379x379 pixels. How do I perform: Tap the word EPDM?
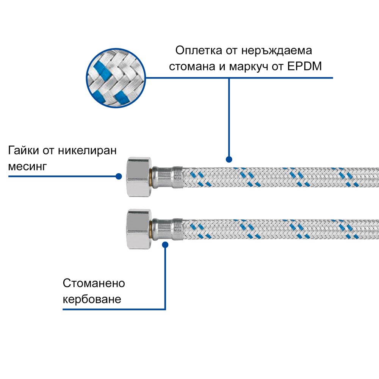(304, 67)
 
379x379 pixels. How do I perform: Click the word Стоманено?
(94, 283)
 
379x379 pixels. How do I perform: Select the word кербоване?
(92, 299)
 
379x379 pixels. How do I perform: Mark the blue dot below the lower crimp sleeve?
(165, 245)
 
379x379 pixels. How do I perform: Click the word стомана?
(190, 67)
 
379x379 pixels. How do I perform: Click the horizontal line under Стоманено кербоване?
(114, 310)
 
